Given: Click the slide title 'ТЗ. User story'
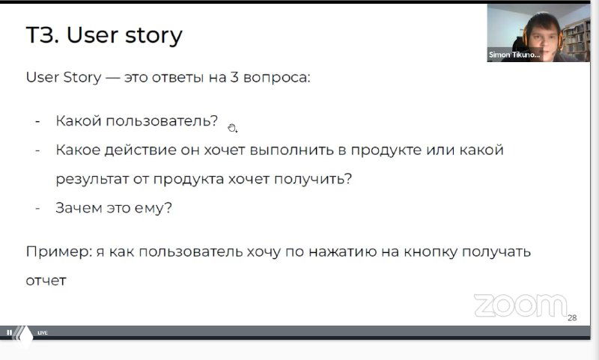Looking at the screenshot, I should (104, 36).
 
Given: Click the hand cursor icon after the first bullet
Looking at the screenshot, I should (232, 127).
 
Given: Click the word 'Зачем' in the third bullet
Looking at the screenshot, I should (78, 208).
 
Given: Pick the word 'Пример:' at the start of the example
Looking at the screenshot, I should (58, 251).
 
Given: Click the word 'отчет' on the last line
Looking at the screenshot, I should (46, 281).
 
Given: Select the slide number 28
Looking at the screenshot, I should (572, 318).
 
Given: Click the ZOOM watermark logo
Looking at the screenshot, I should (520, 305).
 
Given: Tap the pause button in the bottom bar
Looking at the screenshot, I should (10, 332).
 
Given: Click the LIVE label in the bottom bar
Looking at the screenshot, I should (43, 332).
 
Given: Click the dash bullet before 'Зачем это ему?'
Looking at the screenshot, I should (37, 208).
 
